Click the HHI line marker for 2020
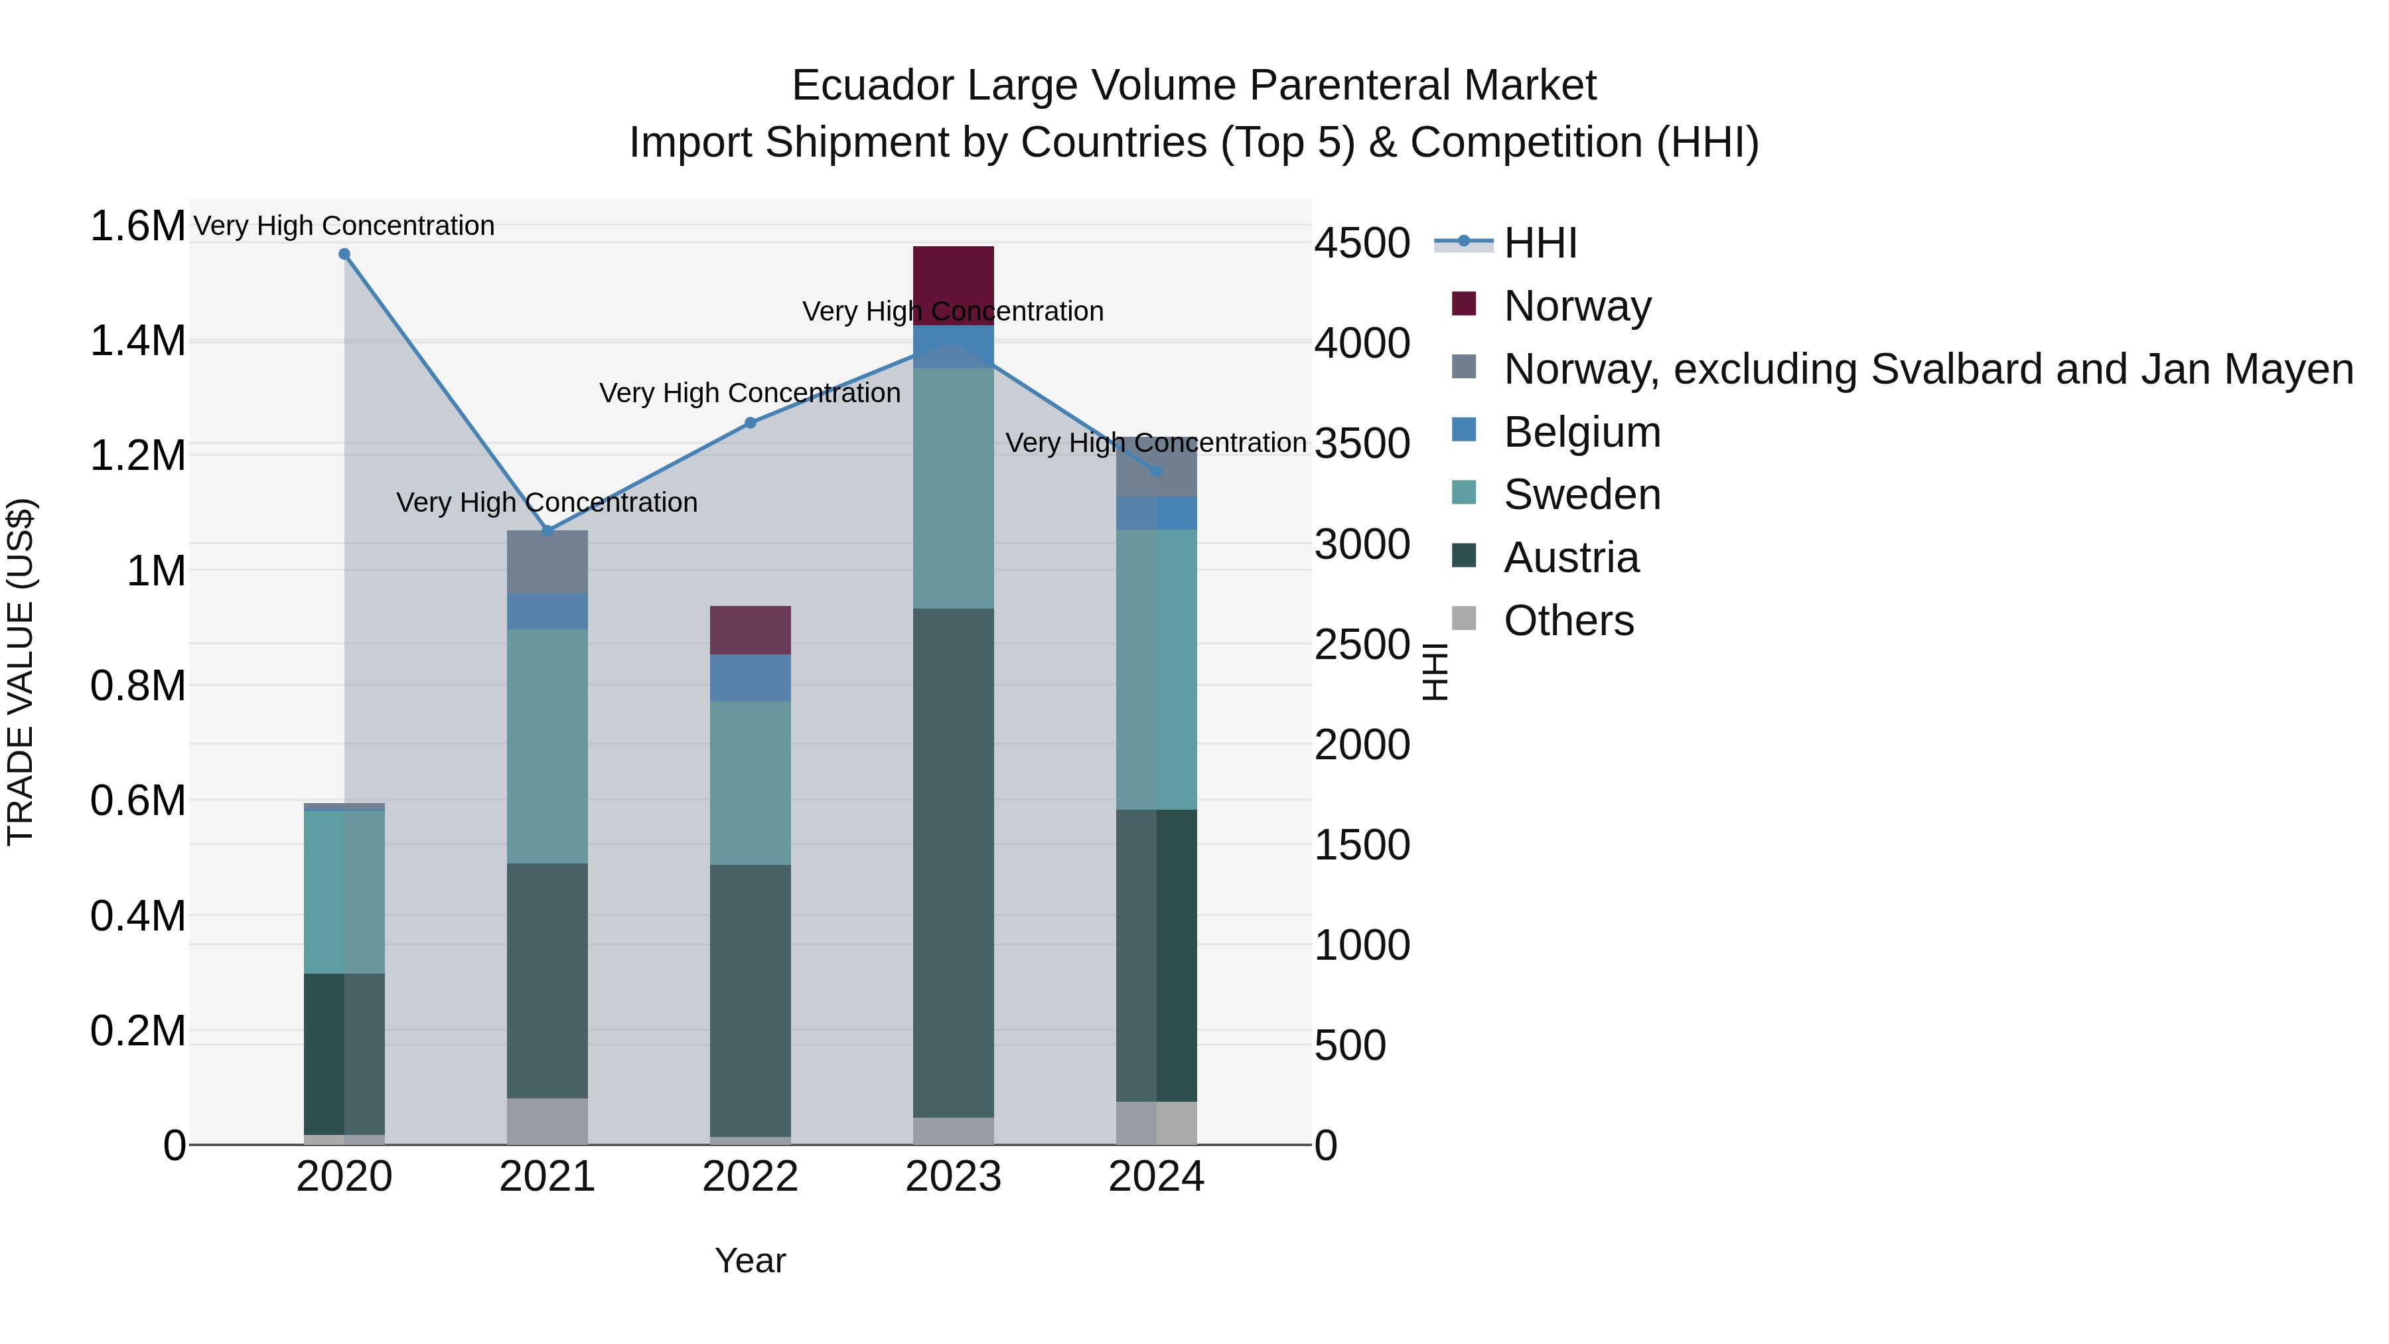coord(344,254)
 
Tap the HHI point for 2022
coord(751,423)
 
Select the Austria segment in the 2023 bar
coord(954,863)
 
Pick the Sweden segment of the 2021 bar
coord(547,746)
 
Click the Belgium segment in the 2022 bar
coord(751,678)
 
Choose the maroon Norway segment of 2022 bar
coord(751,630)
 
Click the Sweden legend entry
coord(1581,494)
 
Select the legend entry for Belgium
coord(1581,432)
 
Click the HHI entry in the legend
coord(1540,243)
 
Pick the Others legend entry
coord(1567,621)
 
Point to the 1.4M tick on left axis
coord(137,341)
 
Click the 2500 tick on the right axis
coord(1362,644)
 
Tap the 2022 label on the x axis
coord(751,1177)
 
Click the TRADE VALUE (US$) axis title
coord(21,672)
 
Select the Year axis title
coord(751,1260)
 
